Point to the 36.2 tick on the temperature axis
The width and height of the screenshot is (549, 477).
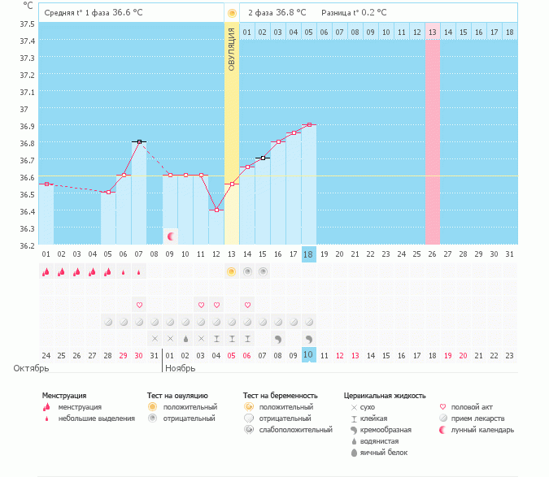click(x=28, y=245)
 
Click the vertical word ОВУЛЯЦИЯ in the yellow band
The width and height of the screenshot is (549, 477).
click(x=232, y=49)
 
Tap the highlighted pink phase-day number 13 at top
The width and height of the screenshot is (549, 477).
click(x=433, y=32)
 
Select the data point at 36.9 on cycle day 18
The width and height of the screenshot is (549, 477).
click(x=309, y=125)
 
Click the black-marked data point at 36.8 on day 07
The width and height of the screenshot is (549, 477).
click(x=140, y=141)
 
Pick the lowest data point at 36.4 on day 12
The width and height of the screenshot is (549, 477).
click(x=216, y=210)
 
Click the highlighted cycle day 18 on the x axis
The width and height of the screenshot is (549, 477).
click(x=309, y=254)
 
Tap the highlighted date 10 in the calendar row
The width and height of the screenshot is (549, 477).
click(x=309, y=355)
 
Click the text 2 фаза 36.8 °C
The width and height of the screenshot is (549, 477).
click(x=277, y=13)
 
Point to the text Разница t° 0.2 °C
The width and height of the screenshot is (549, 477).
click(x=354, y=13)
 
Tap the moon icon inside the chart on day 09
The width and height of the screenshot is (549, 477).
click(x=171, y=236)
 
